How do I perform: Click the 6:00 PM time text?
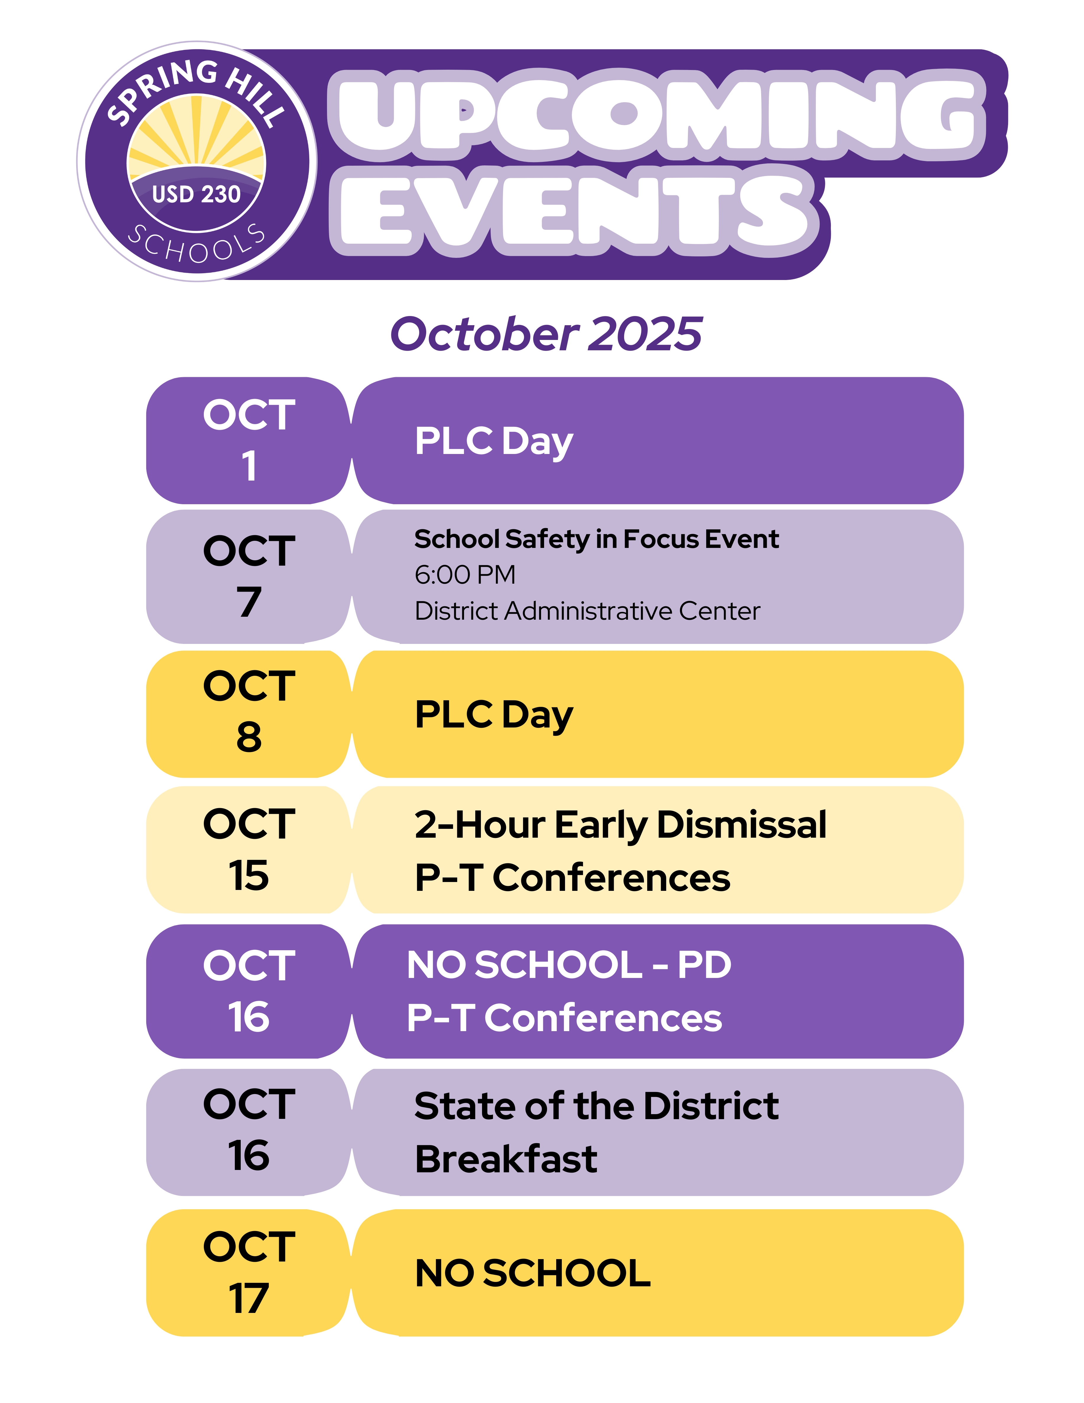point(465,575)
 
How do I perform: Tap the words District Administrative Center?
point(587,611)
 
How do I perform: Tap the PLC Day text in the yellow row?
point(494,715)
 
